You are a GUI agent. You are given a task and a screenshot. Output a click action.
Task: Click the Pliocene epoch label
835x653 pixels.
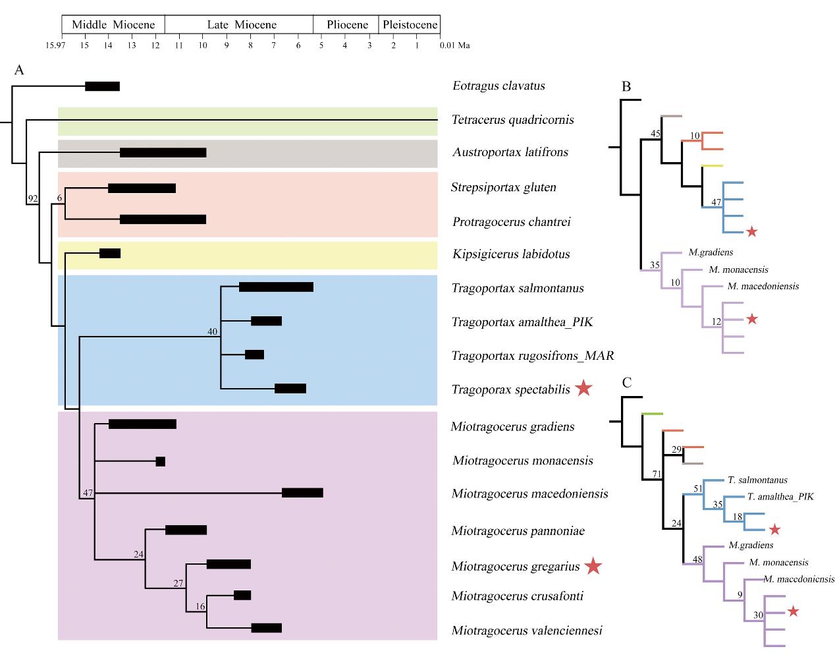(347, 25)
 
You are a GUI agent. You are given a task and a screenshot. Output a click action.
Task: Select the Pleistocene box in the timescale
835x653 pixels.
(409, 25)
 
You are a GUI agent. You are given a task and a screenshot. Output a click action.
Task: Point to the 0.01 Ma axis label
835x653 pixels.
(455, 45)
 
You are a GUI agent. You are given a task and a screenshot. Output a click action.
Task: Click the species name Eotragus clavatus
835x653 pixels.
(498, 86)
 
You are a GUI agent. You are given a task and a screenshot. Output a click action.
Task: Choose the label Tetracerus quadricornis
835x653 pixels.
(512, 120)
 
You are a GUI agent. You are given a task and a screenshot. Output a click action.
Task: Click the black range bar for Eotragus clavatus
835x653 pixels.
(102, 86)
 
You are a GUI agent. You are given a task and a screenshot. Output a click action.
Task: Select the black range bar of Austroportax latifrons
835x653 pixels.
(163, 153)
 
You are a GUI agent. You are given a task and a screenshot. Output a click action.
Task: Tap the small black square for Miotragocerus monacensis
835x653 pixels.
(160, 461)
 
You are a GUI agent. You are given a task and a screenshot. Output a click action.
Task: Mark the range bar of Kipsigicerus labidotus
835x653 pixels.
(109, 253)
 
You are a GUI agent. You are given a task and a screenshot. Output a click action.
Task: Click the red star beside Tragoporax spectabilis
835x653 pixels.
(583, 389)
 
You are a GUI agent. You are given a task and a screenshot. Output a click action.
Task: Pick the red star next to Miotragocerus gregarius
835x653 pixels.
(593, 565)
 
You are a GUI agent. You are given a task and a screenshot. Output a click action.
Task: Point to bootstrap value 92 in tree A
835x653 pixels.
(32, 198)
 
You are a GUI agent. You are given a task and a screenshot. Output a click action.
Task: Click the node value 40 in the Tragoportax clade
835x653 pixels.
(213, 331)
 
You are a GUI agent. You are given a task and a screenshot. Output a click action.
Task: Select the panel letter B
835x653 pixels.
(626, 86)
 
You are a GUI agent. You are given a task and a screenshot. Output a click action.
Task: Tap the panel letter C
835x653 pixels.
(627, 383)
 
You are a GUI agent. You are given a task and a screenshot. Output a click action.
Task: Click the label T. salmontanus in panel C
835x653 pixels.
(757, 480)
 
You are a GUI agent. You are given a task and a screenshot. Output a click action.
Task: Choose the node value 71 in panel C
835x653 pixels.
(656, 474)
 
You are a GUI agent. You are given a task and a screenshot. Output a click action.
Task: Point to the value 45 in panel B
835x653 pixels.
(655, 134)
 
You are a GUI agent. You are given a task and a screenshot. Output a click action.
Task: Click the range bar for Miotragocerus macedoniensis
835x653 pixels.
(302, 493)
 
